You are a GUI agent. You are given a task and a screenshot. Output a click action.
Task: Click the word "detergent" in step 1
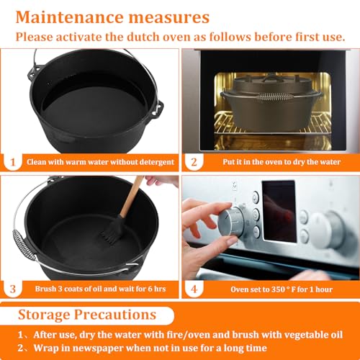(x=153, y=162)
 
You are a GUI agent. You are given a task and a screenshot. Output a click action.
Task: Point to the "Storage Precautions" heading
(x=86, y=315)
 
